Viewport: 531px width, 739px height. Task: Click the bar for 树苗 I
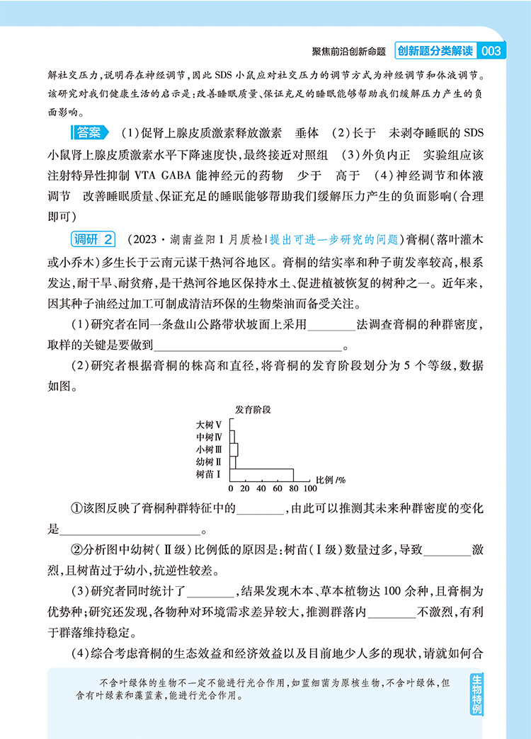coord(262,474)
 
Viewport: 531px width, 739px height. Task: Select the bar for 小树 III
coord(234,449)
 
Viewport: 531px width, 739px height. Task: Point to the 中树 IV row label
coord(210,437)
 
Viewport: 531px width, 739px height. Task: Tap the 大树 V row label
coord(210,425)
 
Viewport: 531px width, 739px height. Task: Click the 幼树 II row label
coord(210,462)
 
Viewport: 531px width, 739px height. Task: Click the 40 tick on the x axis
coord(262,488)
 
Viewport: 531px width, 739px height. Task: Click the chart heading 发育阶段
coord(254,409)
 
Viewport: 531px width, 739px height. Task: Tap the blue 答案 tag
coord(90,132)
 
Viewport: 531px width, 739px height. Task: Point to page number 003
coord(490,51)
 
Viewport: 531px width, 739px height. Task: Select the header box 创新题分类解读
coord(434,51)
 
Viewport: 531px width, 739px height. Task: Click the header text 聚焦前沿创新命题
coord(348,52)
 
